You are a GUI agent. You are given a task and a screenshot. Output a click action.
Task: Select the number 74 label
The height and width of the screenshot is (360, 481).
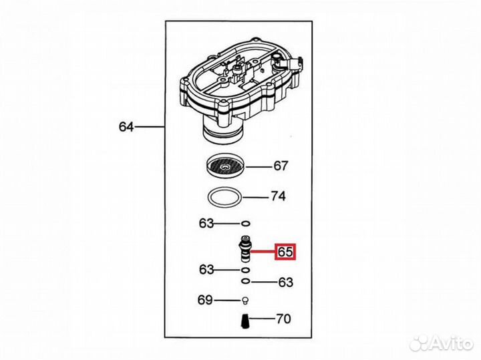click(278, 197)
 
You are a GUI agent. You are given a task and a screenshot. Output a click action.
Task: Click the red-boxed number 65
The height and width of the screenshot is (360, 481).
click(286, 252)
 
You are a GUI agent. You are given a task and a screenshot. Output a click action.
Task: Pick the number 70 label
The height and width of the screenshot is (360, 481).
click(283, 319)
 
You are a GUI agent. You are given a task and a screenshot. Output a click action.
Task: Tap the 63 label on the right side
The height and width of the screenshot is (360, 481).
click(285, 282)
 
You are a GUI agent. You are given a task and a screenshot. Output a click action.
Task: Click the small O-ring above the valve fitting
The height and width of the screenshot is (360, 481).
click(246, 224)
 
